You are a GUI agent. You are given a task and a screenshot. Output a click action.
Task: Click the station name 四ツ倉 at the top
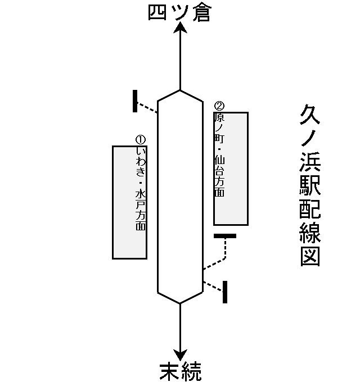coord(179,12)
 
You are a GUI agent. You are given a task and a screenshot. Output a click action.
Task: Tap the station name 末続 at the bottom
coord(180,372)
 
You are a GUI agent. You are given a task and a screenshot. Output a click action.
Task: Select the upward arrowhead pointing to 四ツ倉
coord(180,29)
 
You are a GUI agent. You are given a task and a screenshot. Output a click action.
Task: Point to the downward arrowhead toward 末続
coord(180,355)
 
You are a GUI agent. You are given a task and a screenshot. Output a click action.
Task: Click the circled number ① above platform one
coord(141,139)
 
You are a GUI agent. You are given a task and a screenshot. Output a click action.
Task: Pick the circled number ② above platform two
coord(219,106)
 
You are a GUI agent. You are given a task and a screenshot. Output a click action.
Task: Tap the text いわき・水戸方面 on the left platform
coord(141,188)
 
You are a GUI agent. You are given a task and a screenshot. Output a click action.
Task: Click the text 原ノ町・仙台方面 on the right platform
coord(219,154)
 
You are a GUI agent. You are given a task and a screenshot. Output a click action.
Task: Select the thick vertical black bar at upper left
coord(135,101)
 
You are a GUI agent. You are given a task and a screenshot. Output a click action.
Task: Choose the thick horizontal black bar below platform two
coord(225,236)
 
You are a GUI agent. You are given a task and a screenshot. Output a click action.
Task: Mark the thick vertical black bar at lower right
coord(225,292)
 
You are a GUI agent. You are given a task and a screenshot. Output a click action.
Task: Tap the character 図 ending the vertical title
coord(310,256)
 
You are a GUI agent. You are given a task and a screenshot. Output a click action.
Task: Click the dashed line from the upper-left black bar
coord(147,107)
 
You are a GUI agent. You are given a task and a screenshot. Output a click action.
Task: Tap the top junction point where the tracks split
coord(180,90)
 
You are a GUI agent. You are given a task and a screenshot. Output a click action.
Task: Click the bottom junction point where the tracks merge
coord(180,303)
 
